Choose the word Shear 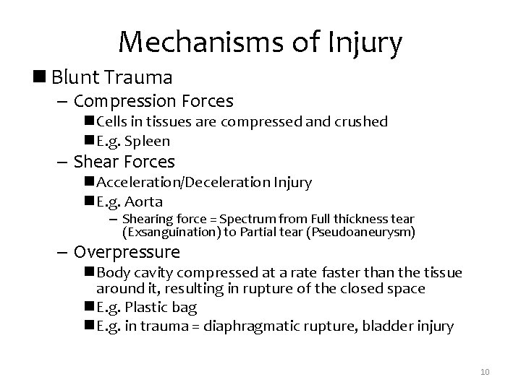click(98, 162)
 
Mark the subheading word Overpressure click(127, 253)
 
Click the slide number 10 click(485, 371)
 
